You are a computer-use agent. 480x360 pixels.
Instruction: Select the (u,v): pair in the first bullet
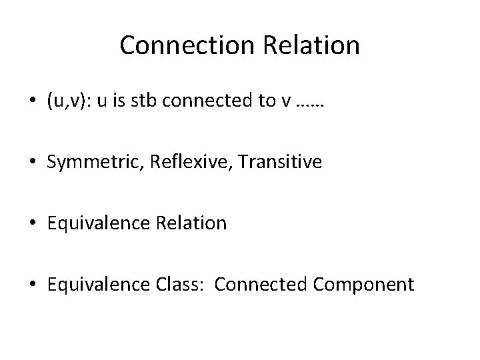click(x=69, y=101)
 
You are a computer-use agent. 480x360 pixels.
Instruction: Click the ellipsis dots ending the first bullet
click(x=307, y=103)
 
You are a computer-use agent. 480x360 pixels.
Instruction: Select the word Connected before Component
click(x=257, y=285)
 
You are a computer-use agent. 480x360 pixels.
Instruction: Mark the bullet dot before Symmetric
click(x=33, y=163)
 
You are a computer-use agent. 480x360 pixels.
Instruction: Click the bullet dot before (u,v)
click(x=33, y=101)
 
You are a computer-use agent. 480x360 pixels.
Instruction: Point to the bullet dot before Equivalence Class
click(x=33, y=285)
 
